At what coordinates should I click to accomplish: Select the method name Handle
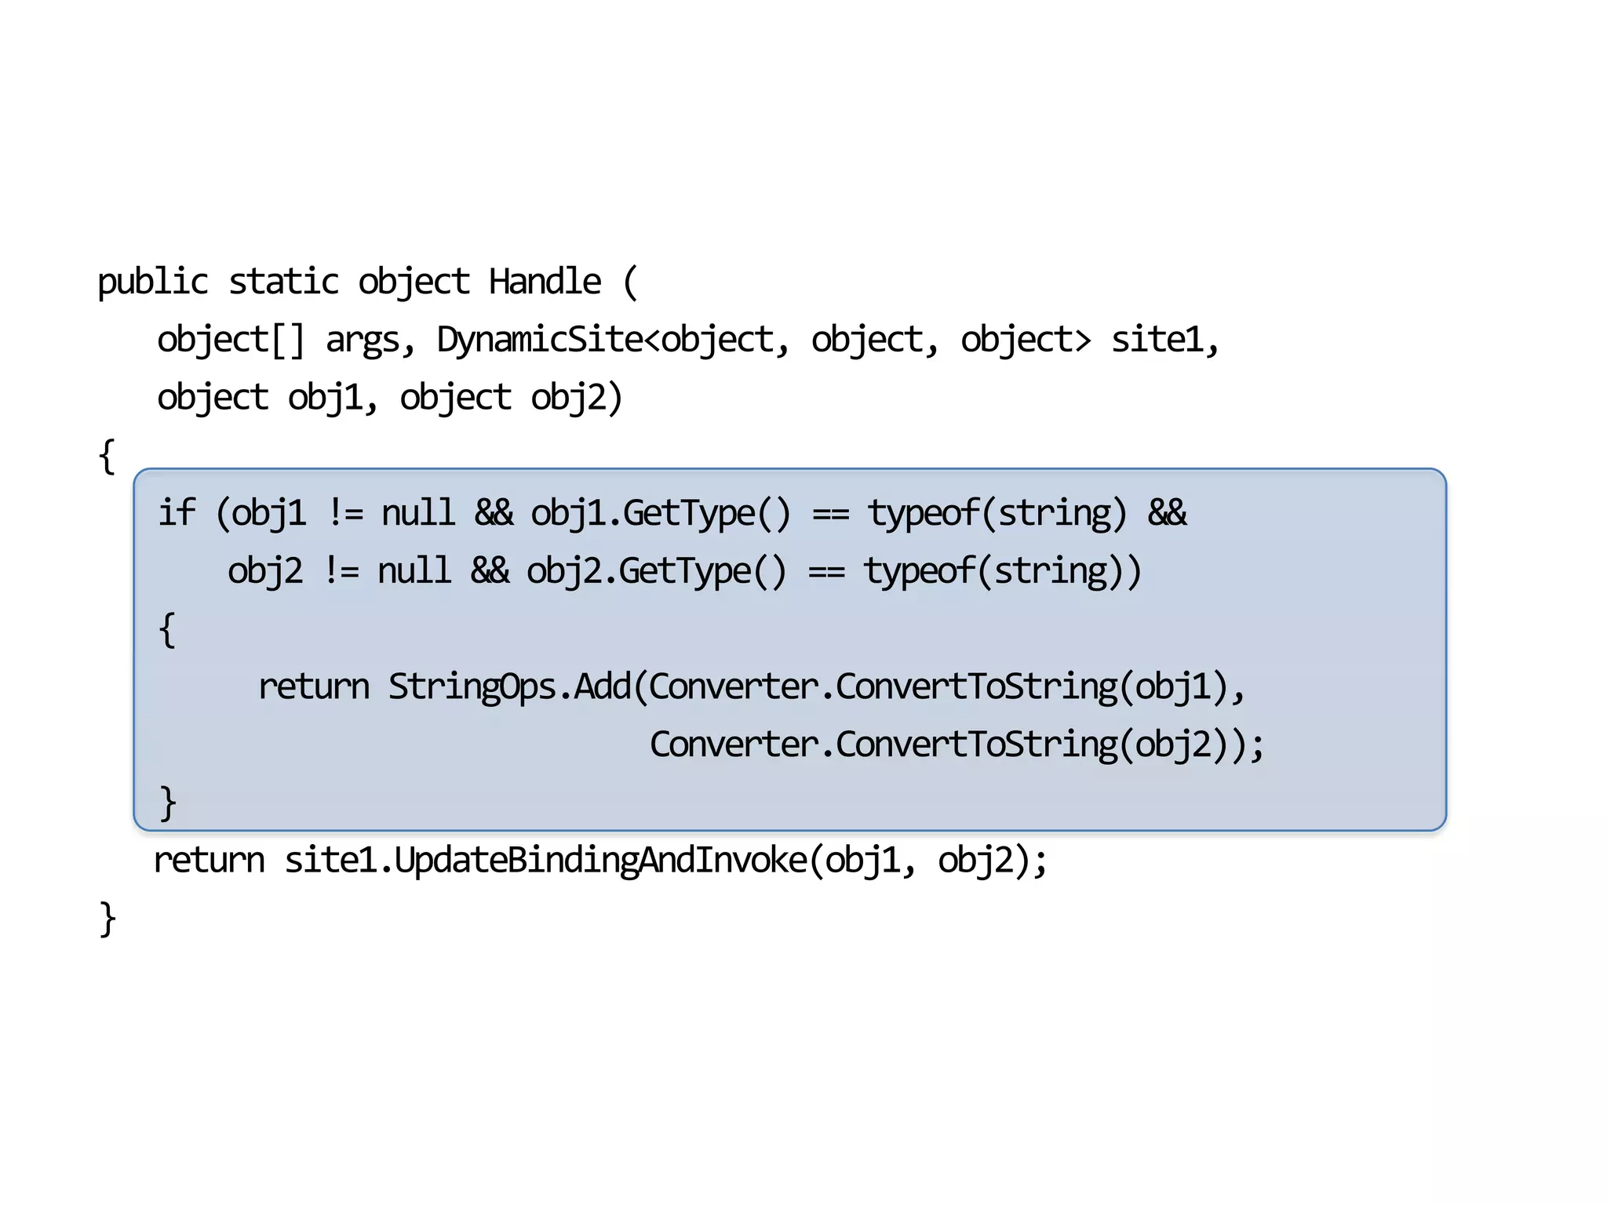click(x=545, y=282)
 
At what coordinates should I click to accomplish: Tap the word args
click(x=363, y=340)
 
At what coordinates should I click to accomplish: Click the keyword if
click(x=177, y=513)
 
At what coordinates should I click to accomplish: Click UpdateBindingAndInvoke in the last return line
click(x=600, y=860)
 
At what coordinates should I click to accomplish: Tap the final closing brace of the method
click(x=107, y=919)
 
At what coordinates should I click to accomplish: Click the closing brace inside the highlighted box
click(x=167, y=803)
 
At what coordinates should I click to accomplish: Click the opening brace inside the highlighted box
click(x=166, y=629)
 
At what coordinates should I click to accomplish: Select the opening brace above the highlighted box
click(x=107, y=457)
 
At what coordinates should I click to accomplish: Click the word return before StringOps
click(x=313, y=686)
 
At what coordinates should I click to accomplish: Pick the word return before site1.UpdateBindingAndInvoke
click(x=210, y=860)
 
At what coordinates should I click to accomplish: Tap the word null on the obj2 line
click(x=414, y=571)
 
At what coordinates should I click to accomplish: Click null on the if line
click(x=418, y=513)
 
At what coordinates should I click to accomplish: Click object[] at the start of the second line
click(x=230, y=340)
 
